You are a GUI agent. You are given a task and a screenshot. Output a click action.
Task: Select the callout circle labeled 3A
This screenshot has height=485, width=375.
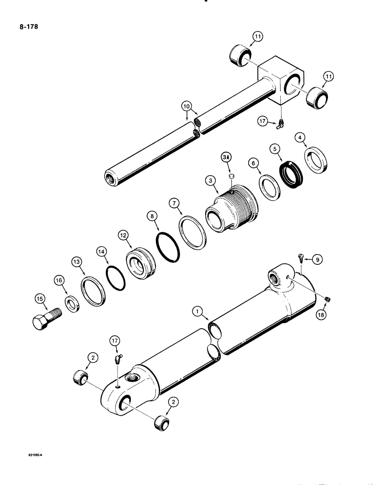[226, 159]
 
